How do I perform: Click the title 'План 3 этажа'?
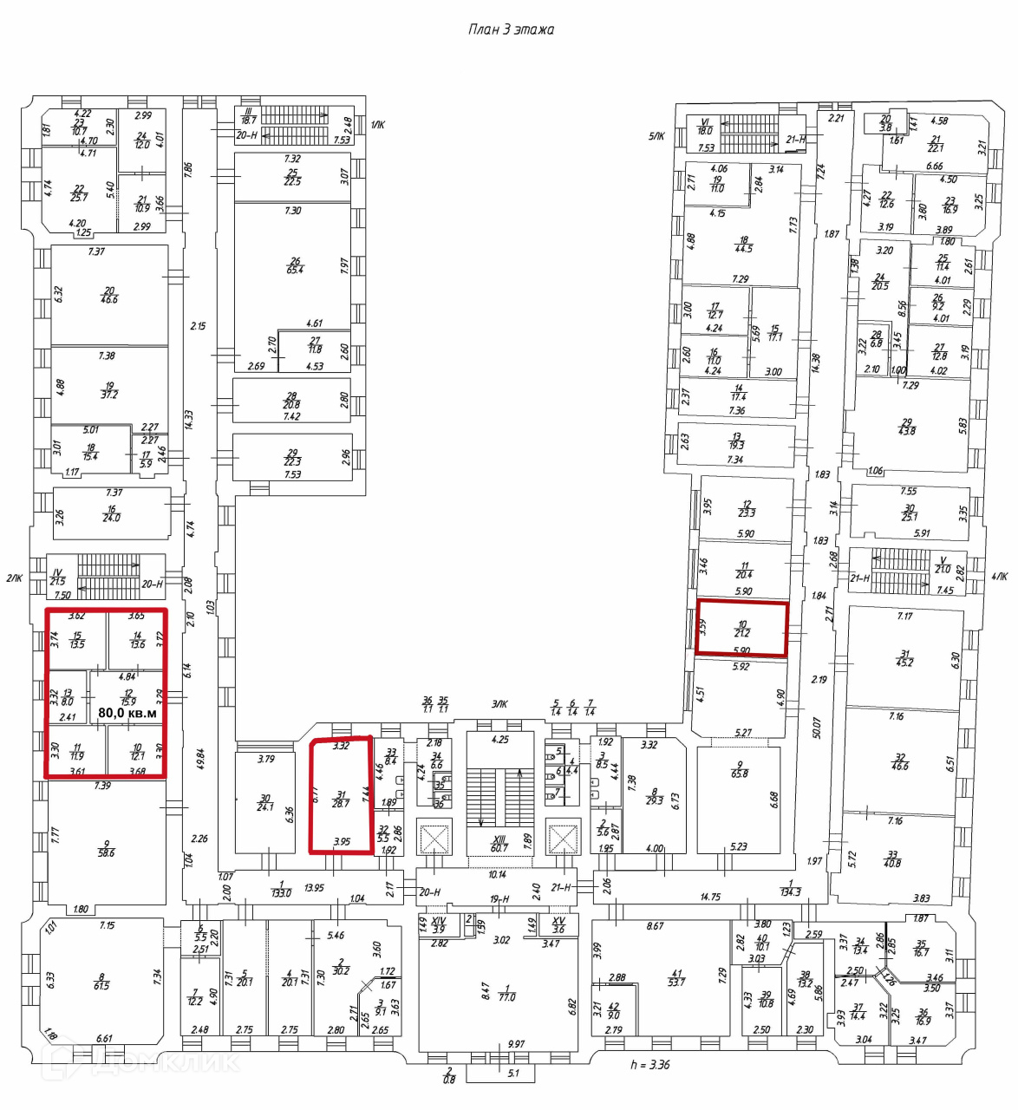(x=511, y=29)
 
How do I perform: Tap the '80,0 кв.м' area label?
(x=127, y=713)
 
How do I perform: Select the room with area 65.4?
(x=295, y=265)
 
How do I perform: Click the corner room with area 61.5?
(x=101, y=982)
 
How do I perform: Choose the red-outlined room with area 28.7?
(x=341, y=799)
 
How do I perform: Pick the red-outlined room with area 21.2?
(x=742, y=629)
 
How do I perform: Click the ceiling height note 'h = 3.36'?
(x=649, y=1064)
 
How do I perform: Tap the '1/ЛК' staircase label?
(x=377, y=125)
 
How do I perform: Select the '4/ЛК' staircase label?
(x=999, y=576)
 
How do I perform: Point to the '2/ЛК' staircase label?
(x=14, y=578)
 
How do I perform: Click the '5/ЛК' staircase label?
(x=656, y=136)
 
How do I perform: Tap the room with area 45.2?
(x=904, y=659)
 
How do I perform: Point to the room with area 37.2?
(x=109, y=390)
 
